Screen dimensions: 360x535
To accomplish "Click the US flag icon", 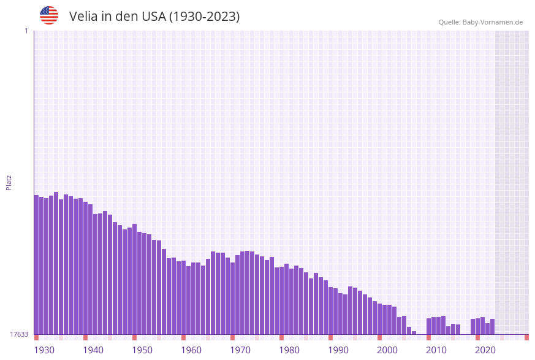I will tap(49, 15).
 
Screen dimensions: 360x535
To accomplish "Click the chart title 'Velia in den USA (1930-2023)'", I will tap(154, 17).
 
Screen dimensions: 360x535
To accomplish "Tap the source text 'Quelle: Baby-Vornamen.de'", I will tap(480, 22).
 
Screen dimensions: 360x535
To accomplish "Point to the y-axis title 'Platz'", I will tap(9, 182).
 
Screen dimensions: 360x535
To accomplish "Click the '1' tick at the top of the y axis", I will tap(26, 31).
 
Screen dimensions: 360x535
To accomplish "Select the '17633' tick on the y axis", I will tap(19, 334).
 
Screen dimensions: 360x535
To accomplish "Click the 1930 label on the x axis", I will tap(44, 350).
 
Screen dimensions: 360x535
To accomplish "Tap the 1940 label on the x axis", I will tap(93, 350).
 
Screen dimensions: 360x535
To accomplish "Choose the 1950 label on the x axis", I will tap(142, 350).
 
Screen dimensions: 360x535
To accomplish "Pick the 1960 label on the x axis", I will tap(191, 350).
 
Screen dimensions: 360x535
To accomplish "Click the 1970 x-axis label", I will tap(240, 350).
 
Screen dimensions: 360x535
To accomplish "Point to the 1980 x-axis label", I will tap(289, 350).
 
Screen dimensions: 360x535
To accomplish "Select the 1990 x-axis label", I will tap(338, 350).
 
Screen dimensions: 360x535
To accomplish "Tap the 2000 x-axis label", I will tap(387, 350).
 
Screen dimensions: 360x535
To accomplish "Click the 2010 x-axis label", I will tap(436, 350).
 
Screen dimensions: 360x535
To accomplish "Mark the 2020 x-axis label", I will tap(485, 350).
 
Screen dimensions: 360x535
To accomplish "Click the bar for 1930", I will tap(36, 264).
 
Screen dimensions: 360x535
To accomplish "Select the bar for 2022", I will tap(492, 327).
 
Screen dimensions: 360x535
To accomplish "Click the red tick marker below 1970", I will tap(232, 337).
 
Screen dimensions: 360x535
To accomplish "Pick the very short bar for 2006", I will tap(414, 332).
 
